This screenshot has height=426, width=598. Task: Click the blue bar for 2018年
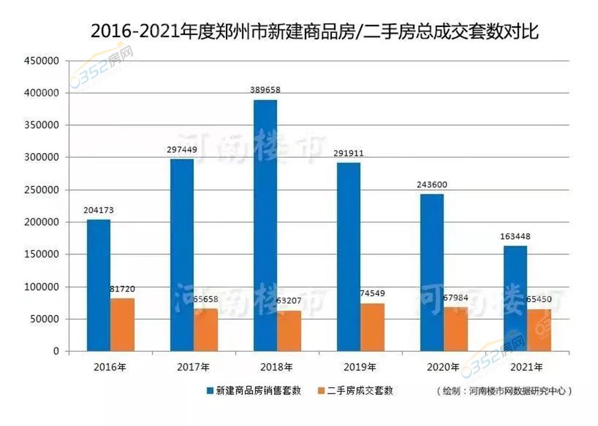click(x=266, y=225)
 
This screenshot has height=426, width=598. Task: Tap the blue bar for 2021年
click(x=515, y=298)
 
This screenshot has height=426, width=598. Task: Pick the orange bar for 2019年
click(x=373, y=327)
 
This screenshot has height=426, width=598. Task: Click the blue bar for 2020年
click(x=432, y=272)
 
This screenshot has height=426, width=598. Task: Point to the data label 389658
click(x=266, y=90)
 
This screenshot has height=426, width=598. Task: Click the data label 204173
click(x=99, y=210)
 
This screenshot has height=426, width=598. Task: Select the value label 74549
click(x=373, y=293)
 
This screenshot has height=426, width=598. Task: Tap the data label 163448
click(x=515, y=236)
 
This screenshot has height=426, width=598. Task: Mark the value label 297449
click(x=182, y=149)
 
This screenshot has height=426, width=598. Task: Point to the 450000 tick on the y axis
click(x=42, y=61)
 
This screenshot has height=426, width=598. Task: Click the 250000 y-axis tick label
click(x=42, y=190)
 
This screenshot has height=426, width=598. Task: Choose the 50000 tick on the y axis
click(x=44, y=319)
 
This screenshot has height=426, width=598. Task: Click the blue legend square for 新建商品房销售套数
click(x=209, y=391)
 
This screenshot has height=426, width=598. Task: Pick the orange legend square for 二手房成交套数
click(x=321, y=391)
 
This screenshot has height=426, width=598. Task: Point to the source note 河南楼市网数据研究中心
click(x=505, y=391)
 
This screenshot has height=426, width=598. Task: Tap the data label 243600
click(x=432, y=185)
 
